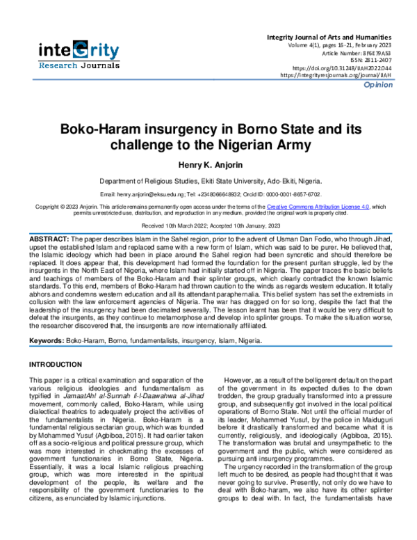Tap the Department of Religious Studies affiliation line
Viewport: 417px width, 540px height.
click(x=208, y=180)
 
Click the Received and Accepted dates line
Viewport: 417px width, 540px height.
click(x=208, y=226)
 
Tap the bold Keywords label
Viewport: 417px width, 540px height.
click(x=46, y=342)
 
